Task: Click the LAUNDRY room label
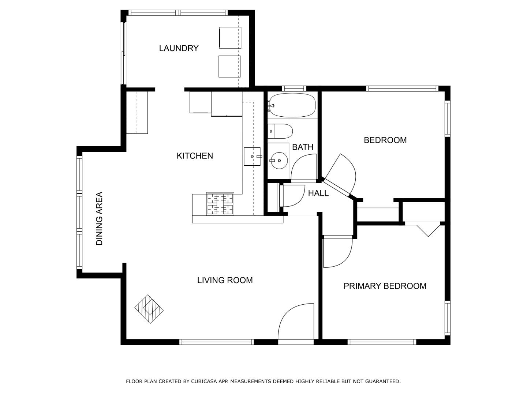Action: point(179,48)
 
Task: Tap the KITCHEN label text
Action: point(195,156)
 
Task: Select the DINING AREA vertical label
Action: point(99,219)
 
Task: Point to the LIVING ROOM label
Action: point(225,280)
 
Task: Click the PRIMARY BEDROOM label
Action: point(385,286)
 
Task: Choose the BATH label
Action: point(303,147)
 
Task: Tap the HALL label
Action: point(318,193)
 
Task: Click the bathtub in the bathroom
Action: point(292,105)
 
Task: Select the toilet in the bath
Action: point(280,131)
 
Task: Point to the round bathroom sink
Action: point(279,160)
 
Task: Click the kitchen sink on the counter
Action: point(253,156)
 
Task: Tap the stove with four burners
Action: point(220,204)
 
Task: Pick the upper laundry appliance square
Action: point(230,37)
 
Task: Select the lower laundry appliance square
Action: point(230,66)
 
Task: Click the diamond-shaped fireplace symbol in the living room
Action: point(149,309)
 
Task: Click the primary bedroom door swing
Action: point(337,252)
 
